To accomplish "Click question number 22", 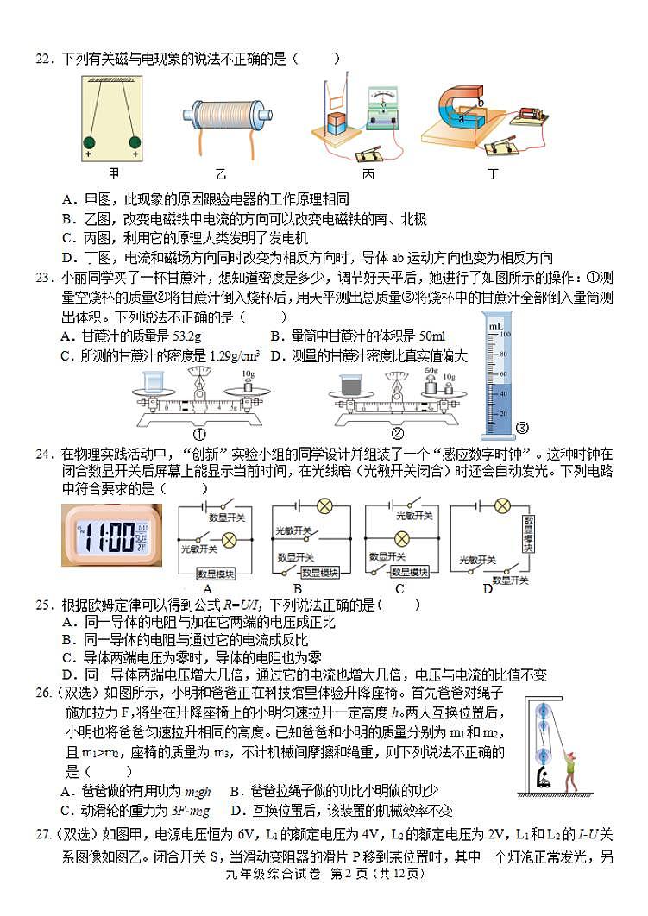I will (44, 59).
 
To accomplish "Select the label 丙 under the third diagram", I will (368, 173).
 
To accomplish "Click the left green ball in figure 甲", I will (88, 142).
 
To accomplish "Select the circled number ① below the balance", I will (199, 434).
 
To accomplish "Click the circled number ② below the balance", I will (398, 434).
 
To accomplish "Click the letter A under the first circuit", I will (207, 588).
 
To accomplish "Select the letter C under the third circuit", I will (399, 588).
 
